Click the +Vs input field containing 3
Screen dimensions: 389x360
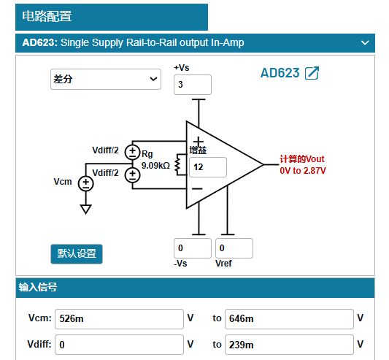pyautogui.click(x=193, y=85)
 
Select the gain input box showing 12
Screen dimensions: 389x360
pyautogui.click(x=208, y=167)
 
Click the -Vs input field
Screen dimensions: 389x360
pyautogui.click(x=193, y=248)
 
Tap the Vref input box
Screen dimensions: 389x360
pyautogui.click(x=234, y=248)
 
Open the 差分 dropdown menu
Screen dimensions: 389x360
pyautogui.click(x=106, y=79)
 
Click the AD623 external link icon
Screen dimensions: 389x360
pyautogui.click(x=312, y=73)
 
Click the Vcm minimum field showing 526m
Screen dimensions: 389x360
pyautogui.click(x=119, y=319)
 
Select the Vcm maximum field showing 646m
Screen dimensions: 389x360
pyautogui.click(x=289, y=319)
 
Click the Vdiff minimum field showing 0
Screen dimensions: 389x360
pyautogui.click(x=119, y=345)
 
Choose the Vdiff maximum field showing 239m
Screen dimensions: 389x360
pyautogui.click(x=289, y=345)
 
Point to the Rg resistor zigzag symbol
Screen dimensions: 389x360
pyautogui.click(x=177, y=164)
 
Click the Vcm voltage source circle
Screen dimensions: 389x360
pyautogui.click(x=86, y=184)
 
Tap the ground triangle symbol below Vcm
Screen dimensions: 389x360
pyautogui.click(x=86, y=209)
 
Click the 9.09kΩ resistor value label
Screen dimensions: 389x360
pyautogui.click(x=155, y=166)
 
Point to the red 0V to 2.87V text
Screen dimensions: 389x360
pyautogui.click(x=303, y=171)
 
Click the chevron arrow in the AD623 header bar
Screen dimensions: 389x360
pyautogui.click(x=365, y=42)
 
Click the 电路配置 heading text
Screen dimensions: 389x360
pyautogui.click(x=47, y=16)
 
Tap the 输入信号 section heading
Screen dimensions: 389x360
pyautogui.click(x=38, y=287)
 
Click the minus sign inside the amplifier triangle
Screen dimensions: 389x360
pyautogui.click(x=197, y=188)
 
